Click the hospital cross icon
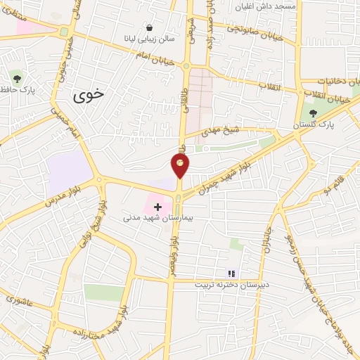pyautogui.click(x=157, y=207)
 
